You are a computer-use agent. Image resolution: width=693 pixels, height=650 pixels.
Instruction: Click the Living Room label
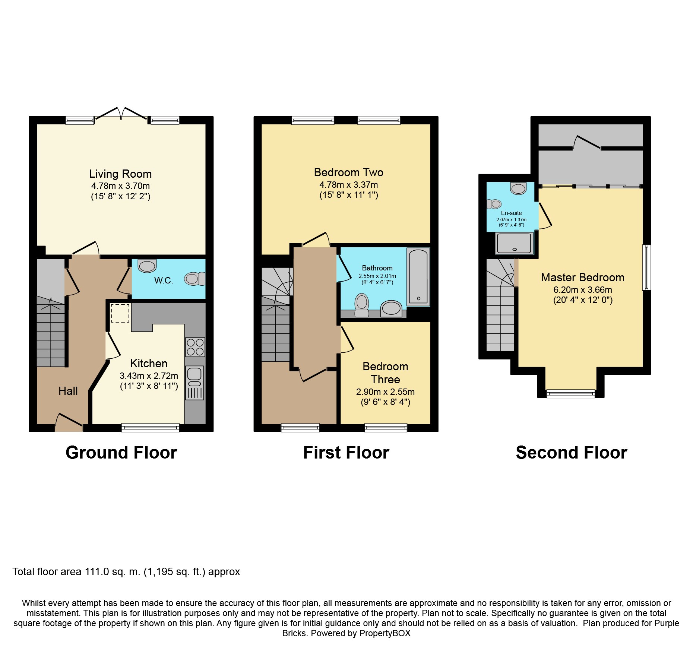pos(120,174)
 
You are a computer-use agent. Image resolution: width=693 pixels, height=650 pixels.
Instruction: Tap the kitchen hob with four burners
pos(195,347)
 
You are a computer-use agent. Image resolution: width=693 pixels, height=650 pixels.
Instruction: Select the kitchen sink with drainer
pos(194,383)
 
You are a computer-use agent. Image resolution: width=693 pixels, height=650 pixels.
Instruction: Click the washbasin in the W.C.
pos(147,266)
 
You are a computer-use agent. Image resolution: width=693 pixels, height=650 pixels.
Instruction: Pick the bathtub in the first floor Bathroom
pos(418,276)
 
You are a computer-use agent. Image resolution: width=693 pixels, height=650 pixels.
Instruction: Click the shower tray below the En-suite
pos(514,243)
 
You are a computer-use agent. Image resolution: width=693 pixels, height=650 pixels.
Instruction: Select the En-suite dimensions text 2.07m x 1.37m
pos(511,220)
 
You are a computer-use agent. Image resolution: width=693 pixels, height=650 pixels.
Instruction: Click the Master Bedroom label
pos(583,278)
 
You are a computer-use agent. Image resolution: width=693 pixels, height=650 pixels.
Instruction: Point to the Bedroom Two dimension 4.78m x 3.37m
pos(349,185)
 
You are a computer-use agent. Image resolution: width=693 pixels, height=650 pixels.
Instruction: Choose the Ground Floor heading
pos(121,453)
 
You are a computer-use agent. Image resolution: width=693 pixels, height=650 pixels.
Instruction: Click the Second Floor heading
pos(572,453)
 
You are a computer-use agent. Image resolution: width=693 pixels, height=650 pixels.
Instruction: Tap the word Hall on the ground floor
pos(68,391)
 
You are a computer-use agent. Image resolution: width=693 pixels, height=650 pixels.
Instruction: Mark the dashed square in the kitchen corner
pos(120,313)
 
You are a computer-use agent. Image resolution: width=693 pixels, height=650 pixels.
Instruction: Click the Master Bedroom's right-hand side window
pos(647,267)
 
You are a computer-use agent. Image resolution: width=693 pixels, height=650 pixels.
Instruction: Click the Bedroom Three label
pos(386,373)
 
